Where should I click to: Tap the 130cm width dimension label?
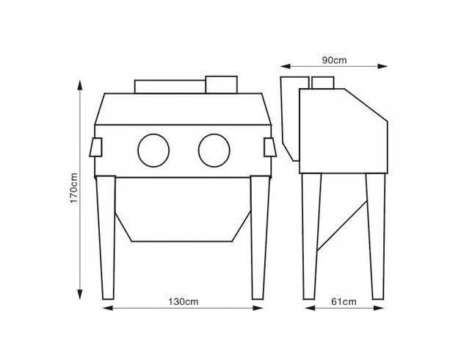183,301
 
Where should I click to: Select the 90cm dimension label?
335,59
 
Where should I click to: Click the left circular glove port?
153,149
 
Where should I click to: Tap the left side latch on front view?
96,148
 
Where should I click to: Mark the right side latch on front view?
269,148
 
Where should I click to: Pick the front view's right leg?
258,235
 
